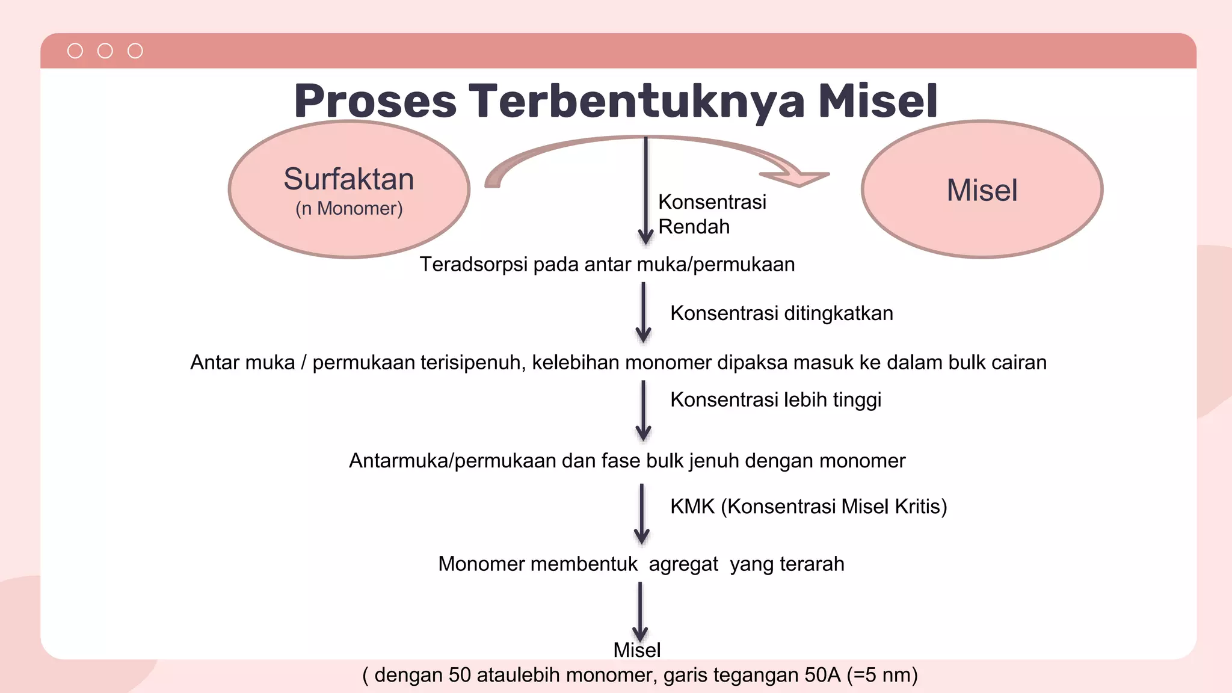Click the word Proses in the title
[375, 101]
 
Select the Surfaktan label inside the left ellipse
[349, 179]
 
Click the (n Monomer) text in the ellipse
[349, 209]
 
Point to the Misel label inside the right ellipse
[982, 190]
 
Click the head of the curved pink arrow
[797, 177]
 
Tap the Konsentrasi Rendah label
[712, 214]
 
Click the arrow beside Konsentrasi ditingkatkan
[643, 313]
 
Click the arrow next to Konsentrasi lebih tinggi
[643, 411]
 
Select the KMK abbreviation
[692, 507]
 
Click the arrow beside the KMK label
[642, 514]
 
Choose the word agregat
[683, 564]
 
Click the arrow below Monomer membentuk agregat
[640, 612]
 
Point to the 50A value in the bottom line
[822, 676]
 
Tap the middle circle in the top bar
[105, 51]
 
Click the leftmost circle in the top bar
[75, 51]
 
